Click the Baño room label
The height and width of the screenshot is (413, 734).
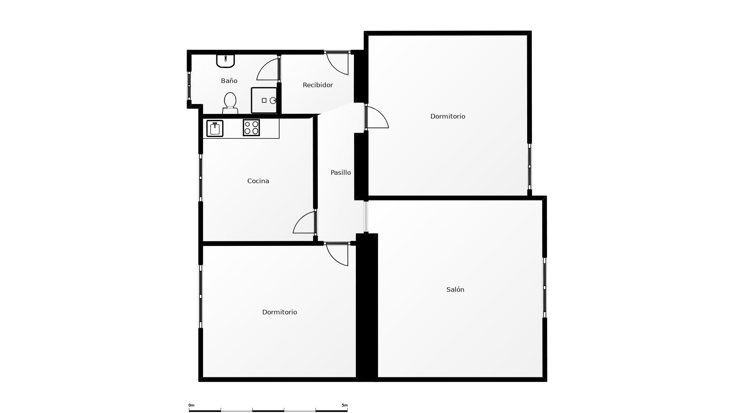[229, 81]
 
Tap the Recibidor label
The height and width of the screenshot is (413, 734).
[318, 85]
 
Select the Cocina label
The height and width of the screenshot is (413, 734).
[258, 181]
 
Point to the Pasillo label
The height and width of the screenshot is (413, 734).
[341, 172]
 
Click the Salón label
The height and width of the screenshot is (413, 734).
[455, 289]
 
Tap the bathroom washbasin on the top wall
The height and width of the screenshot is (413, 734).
[226, 61]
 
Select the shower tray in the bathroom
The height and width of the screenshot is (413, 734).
[264, 100]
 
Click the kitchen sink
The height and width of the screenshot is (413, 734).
[215, 128]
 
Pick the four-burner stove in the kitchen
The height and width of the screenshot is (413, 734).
[251, 128]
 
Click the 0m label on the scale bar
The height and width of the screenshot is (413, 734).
[191, 405]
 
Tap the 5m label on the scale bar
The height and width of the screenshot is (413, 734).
[344, 405]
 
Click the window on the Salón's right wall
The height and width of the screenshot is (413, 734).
[545, 288]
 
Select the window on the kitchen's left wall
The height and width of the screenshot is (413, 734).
[201, 178]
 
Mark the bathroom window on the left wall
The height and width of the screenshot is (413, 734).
[189, 86]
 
